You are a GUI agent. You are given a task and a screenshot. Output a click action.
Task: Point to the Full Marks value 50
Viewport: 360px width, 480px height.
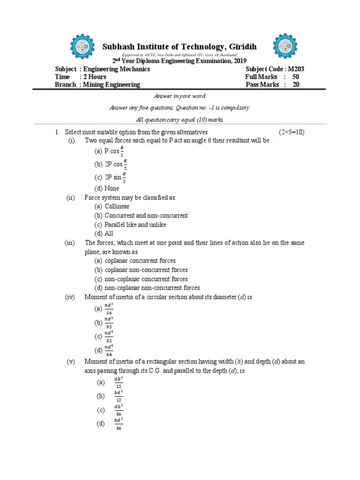click(x=296, y=77)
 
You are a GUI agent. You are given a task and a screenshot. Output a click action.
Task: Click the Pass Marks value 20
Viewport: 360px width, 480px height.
click(x=296, y=85)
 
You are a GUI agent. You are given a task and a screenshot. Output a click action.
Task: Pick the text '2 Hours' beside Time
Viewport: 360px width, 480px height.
click(x=94, y=77)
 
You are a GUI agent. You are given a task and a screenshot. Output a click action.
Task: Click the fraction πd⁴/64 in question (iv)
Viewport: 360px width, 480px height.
click(x=108, y=350)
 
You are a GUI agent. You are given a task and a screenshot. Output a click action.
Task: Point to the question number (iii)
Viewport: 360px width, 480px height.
click(x=70, y=242)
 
